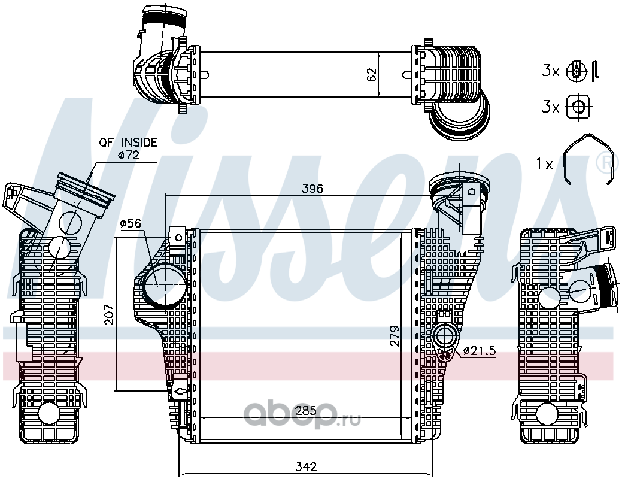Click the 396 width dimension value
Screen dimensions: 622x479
(312, 188)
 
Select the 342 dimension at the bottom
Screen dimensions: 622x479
(307, 466)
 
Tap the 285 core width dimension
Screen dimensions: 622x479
(306, 410)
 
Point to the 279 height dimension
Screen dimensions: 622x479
(394, 336)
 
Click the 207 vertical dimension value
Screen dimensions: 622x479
(109, 314)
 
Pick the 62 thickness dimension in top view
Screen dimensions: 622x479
(371, 75)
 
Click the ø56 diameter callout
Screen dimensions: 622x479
(131, 223)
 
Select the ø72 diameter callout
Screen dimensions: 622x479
(129, 155)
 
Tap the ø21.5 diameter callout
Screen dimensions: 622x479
(479, 350)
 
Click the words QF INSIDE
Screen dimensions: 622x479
(129, 142)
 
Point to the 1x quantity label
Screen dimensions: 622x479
(544, 163)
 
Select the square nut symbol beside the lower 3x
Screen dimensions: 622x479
(578, 107)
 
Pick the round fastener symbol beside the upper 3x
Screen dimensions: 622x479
(575, 72)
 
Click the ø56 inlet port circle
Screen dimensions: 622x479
(164, 285)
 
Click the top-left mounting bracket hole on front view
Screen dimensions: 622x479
(178, 237)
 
